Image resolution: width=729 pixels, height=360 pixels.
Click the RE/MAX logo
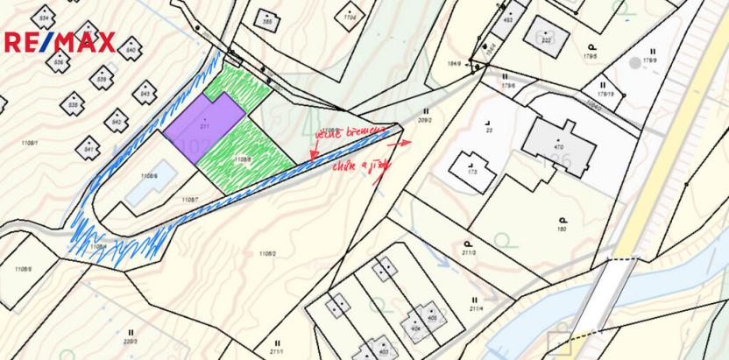pos(60,41)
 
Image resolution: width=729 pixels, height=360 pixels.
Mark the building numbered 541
pos(88,148)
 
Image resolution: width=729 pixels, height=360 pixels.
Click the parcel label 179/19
pos(605,94)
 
